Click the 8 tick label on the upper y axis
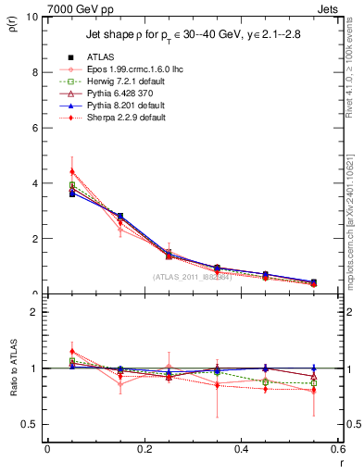tap(33, 72)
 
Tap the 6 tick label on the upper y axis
tap(33, 128)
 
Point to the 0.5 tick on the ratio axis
tap(29, 424)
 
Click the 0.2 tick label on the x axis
tap(144, 449)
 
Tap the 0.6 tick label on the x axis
tap(337, 449)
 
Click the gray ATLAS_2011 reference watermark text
tap(193, 277)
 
